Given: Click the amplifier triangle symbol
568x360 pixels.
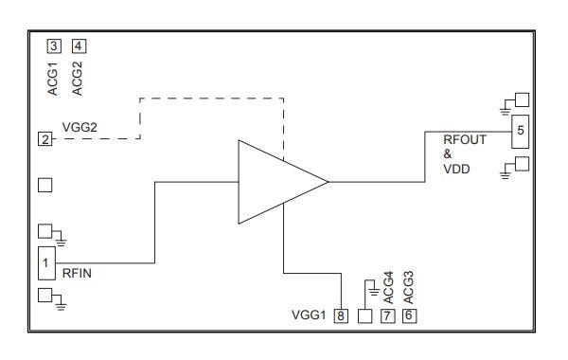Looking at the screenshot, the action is tap(283, 182).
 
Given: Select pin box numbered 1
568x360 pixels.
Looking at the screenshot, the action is tap(46, 263).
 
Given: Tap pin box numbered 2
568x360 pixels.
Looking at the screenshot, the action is tap(45, 139).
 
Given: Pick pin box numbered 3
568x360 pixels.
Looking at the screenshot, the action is tap(54, 46).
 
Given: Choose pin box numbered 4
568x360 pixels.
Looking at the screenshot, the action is tap(79, 46).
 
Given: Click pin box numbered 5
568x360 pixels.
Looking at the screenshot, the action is tap(520, 132).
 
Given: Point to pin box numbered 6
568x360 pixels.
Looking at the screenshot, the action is tap(409, 315).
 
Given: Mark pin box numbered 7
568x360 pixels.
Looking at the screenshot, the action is tap(387, 315).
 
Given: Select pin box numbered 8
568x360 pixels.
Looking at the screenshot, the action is tap(341, 315).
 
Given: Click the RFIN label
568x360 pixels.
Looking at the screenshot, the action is tap(77, 274).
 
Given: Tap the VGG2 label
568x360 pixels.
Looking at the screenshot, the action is tap(80, 127).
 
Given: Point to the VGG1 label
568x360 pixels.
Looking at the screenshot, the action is tap(309, 315).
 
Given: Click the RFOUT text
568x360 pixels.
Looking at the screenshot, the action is tap(465, 139).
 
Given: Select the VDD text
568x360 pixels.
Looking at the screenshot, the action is tap(456, 169).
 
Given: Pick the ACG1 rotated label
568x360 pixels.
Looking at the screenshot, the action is tap(53, 79).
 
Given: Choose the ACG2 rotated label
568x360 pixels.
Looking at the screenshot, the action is tap(78, 79).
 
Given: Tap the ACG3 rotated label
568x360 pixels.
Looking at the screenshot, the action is tap(408, 287).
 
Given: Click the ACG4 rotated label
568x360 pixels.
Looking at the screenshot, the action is tap(388, 287).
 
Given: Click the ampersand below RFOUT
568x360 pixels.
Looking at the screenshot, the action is tap(448, 154).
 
